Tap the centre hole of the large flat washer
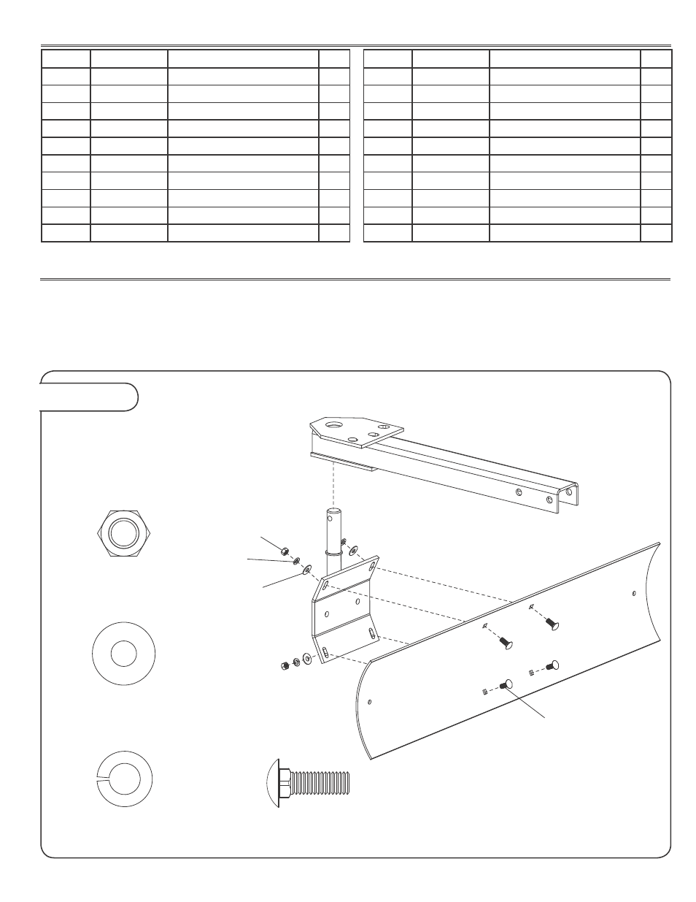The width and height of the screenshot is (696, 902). click(123, 654)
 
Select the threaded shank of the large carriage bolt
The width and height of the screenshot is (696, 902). click(321, 784)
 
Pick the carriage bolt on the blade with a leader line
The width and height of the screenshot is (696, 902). click(507, 684)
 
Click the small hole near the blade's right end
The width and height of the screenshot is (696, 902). click(634, 592)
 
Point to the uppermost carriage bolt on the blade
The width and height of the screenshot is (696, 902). click(552, 624)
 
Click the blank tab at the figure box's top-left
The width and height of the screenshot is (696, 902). click(88, 397)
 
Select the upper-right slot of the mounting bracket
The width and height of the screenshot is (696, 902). click(374, 566)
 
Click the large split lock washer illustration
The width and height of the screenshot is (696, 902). click(123, 778)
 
